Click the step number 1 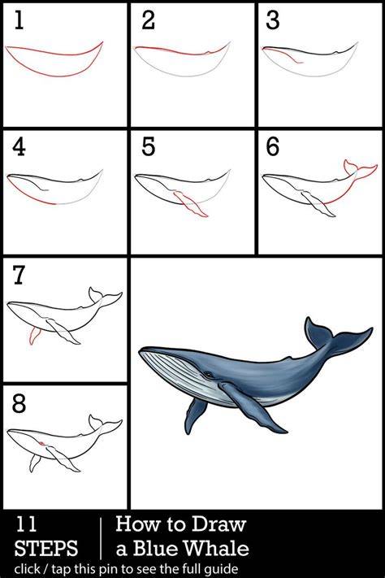tap(19, 20)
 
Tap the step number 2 tap(148, 20)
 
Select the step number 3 tap(273, 20)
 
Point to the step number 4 tap(19, 146)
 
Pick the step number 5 tap(148, 146)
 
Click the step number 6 tap(273, 146)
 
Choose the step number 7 tap(19, 276)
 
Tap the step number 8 tap(19, 403)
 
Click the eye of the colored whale tap(209, 375)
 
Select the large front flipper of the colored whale tap(250, 406)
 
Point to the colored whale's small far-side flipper tap(194, 415)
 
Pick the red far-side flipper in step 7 tap(34, 336)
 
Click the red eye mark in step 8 tap(42, 442)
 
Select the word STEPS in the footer tap(46, 548)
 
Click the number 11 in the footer tap(26, 524)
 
